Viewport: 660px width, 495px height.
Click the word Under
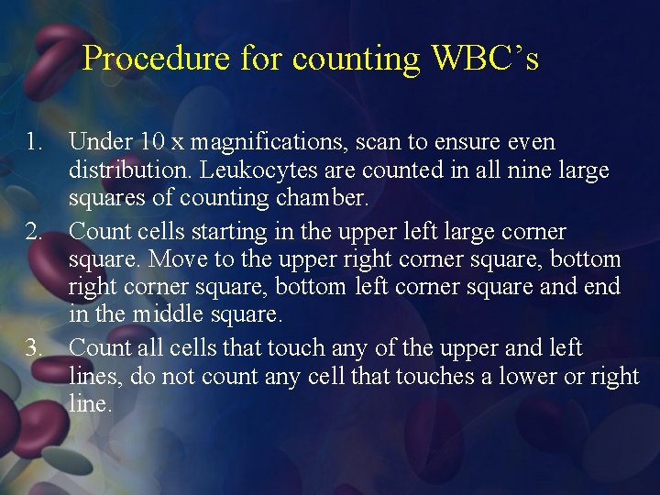(x=100, y=143)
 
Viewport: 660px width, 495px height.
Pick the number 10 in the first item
(x=152, y=143)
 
